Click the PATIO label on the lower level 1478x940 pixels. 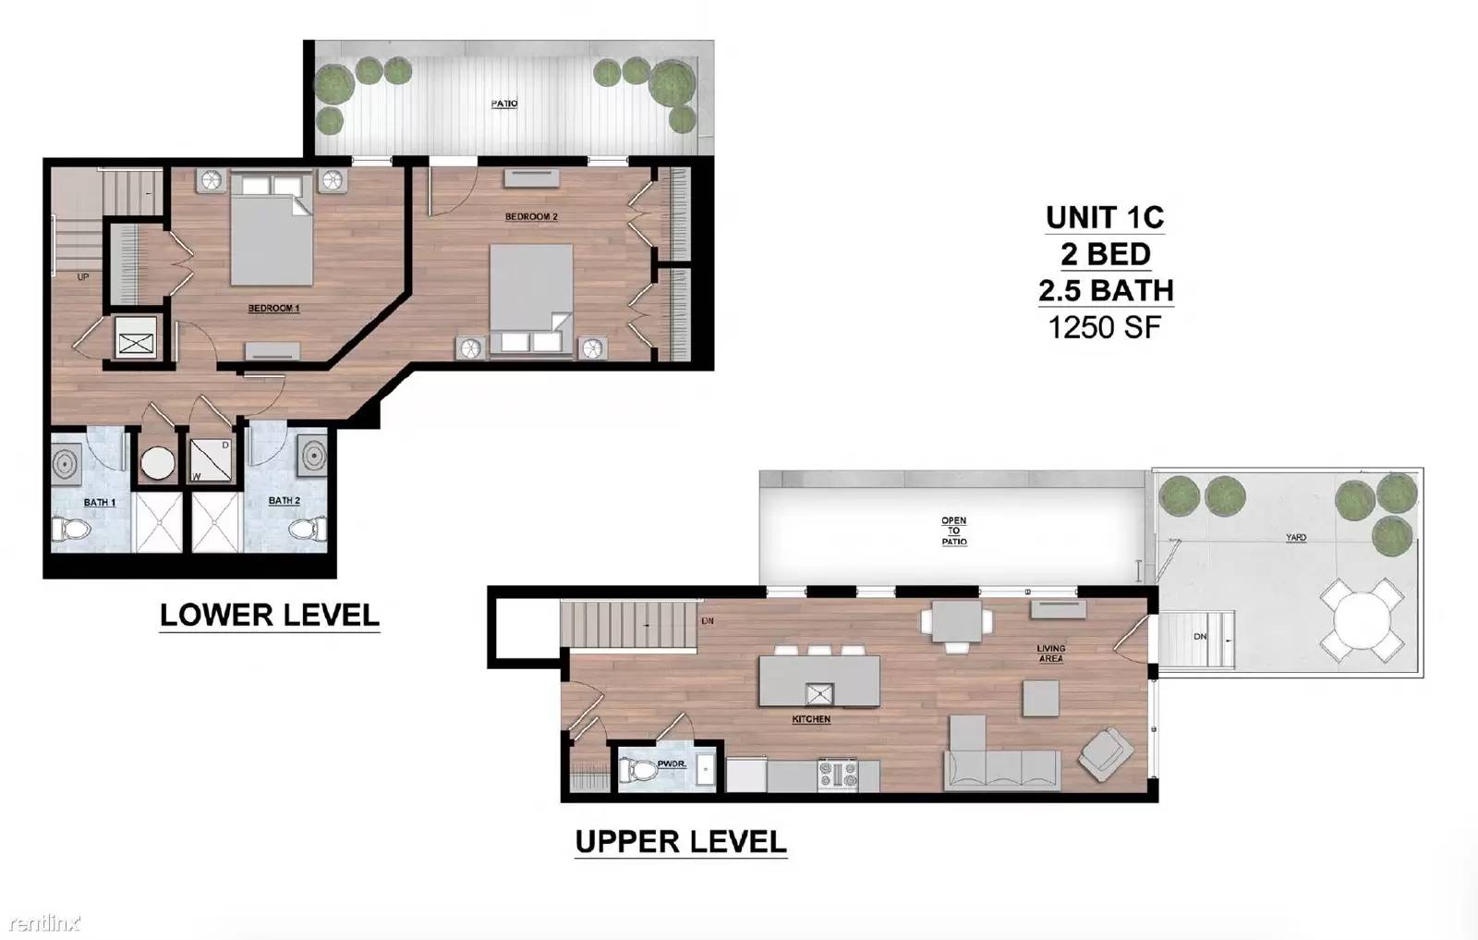504,104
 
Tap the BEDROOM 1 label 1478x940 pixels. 273,309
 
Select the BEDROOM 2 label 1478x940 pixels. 531,216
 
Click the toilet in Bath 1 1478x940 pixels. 70,529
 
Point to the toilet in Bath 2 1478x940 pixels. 308,529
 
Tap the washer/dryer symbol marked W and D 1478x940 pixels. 211,460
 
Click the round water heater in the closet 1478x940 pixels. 158,463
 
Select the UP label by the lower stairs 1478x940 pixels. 83,277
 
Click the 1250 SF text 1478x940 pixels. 1105,327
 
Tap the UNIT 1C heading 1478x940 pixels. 1105,218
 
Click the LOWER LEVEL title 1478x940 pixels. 269,616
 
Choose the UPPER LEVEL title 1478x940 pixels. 681,842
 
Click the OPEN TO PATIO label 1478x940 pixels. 954,531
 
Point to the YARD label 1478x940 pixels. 1296,537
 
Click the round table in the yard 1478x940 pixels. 1362,620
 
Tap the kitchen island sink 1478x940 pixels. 819,694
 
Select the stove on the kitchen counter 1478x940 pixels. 838,775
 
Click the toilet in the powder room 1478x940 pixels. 636,769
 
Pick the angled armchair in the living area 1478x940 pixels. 1106,754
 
